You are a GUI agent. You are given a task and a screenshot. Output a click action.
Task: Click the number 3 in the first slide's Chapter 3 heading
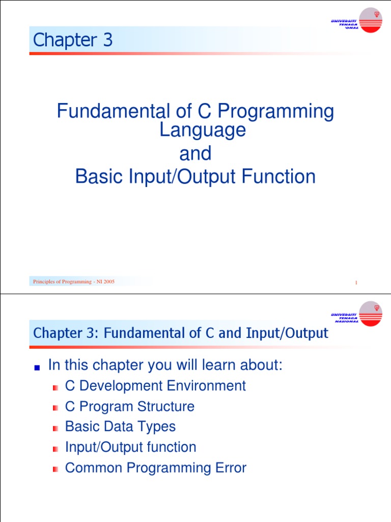pos(108,40)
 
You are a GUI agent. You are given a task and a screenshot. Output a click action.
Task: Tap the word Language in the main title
pos(203,130)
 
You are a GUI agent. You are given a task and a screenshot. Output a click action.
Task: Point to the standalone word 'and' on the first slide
pos(195,153)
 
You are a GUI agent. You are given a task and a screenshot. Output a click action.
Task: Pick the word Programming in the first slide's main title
pos(275,112)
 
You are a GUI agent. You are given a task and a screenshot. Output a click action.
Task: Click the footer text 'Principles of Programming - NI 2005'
pos(73,281)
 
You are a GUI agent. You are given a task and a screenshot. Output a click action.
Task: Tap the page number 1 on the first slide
pos(356,282)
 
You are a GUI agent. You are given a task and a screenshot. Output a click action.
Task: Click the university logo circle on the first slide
pos(371,20)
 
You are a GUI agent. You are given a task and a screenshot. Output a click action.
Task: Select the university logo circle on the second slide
pos(371,314)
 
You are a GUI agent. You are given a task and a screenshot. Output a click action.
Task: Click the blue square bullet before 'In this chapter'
pos(37,368)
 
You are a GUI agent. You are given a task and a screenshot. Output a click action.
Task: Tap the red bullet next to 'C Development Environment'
pos(55,388)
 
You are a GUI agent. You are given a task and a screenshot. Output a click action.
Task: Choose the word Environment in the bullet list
pos(206,386)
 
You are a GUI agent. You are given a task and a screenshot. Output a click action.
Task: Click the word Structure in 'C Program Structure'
pos(165,406)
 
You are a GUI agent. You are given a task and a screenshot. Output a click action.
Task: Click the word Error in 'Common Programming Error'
pos(231,468)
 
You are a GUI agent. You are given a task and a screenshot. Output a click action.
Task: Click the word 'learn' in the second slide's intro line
pos(218,365)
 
